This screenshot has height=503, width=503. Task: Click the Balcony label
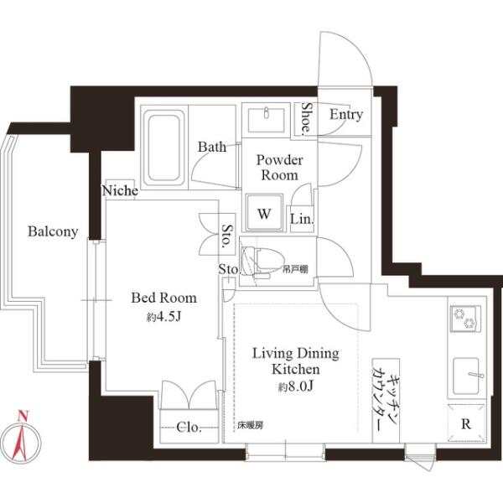(53, 231)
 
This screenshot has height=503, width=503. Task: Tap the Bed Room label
(164, 298)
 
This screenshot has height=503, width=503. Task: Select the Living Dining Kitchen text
(296, 361)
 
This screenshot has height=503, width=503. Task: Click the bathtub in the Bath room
(164, 148)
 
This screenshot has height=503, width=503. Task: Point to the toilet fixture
(262, 261)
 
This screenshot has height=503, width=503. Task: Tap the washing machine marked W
(264, 212)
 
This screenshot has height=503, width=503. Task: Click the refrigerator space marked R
(466, 423)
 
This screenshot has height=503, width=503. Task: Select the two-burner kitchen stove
(465, 319)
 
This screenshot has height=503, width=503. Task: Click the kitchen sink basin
(466, 376)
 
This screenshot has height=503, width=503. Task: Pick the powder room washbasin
(267, 120)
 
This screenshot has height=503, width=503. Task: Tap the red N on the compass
(23, 416)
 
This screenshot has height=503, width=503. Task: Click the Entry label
(346, 115)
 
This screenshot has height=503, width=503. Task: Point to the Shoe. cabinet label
(306, 117)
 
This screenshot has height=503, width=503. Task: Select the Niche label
(120, 190)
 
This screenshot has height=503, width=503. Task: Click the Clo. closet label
(189, 427)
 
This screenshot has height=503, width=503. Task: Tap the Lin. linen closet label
(302, 219)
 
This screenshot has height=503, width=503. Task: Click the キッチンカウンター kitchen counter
(386, 401)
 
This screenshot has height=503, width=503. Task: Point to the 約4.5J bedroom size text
(164, 317)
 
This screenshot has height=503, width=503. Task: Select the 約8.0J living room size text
(295, 386)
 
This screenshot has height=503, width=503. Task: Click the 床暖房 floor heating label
(250, 426)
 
